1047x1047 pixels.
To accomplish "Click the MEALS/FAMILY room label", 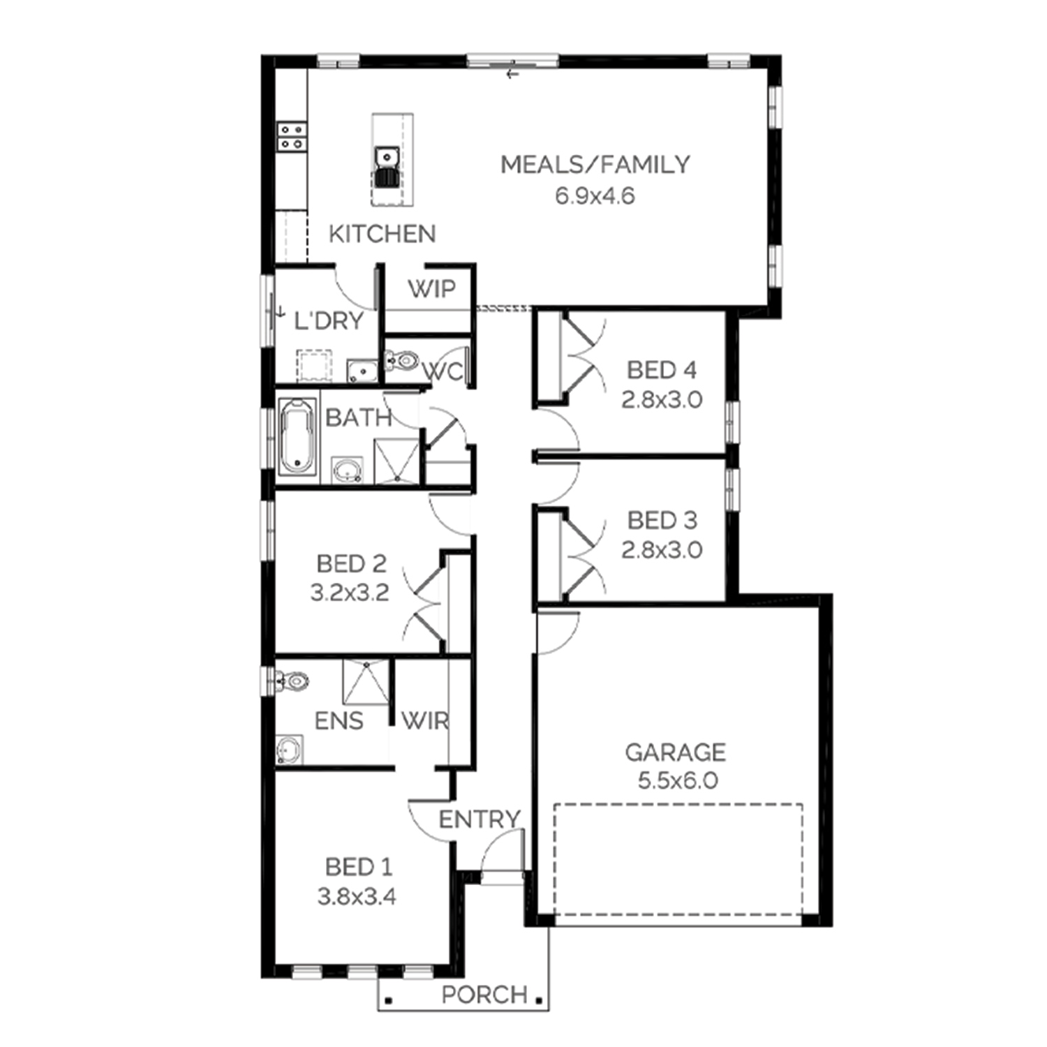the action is point(595,165).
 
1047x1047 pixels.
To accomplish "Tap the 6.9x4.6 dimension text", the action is point(595,196).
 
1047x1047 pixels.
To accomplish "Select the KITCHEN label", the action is point(382,234).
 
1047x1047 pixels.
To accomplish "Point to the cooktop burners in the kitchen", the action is point(292,137).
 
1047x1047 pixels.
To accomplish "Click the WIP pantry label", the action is point(431,288).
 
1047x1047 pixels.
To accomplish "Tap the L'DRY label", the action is point(329,321).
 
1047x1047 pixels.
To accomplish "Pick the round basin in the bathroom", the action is point(347,470).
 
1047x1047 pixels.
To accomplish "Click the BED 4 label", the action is point(661,369).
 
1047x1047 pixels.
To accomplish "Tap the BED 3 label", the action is point(662,520).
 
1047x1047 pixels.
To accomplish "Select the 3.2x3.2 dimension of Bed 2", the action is point(350,593).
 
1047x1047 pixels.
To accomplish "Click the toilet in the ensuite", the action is point(292,681).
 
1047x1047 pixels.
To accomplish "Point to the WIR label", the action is point(424,720).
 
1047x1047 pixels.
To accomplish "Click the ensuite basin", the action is point(290,750).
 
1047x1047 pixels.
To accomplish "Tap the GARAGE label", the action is point(675,752).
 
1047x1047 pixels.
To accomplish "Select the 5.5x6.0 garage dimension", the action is point(677,780).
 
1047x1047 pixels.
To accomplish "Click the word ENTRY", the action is point(480,819).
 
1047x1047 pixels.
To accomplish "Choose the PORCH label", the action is point(484,994).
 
